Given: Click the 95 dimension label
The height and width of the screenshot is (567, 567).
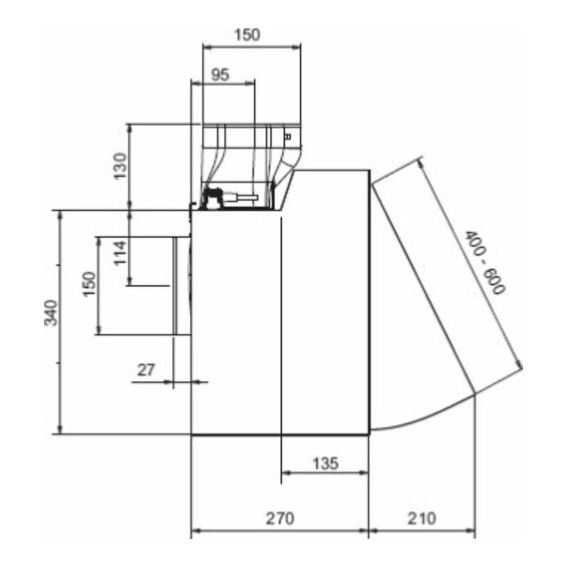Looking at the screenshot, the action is pyautogui.click(x=220, y=75).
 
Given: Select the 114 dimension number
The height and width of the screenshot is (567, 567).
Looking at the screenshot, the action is pyautogui.click(x=120, y=253).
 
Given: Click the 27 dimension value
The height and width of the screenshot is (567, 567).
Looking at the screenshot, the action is pyautogui.click(x=146, y=370).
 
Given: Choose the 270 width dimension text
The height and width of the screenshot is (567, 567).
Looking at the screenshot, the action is pyautogui.click(x=280, y=519).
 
